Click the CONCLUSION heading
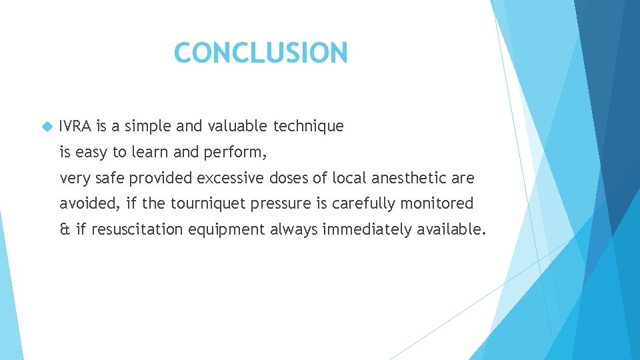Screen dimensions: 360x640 pos(260,53)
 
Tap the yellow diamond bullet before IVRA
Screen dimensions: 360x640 pos(46,126)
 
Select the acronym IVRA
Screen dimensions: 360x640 pos(75,126)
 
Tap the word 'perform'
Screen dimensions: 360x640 pos(237,153)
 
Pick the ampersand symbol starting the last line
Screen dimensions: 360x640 pos(65,229)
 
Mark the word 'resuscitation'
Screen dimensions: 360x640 pos(137,229)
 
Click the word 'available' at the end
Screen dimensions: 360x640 pos(450,229)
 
